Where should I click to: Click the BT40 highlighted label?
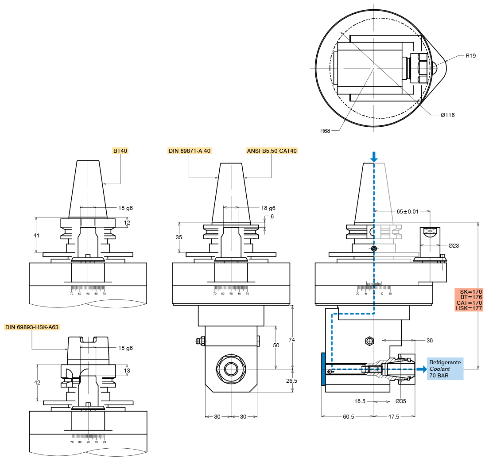(120, 151)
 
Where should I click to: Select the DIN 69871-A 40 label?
(189, 151)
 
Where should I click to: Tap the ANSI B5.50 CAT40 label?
(272, 151)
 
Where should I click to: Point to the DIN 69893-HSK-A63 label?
(32, 327)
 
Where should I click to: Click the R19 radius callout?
(470, 56)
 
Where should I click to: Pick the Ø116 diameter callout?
(447, 115)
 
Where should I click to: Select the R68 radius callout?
(326, 131)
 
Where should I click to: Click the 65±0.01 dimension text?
(407, 212)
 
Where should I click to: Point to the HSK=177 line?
(469, 308)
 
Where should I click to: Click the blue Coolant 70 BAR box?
(445, 369)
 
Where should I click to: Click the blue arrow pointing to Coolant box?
(421, 369)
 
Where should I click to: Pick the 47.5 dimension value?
(394, 416)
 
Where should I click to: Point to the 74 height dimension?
(304, 340)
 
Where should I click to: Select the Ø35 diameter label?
(400, 401)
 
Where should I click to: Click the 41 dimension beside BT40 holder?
(36, 236)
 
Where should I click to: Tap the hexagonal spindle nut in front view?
(231, 369)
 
